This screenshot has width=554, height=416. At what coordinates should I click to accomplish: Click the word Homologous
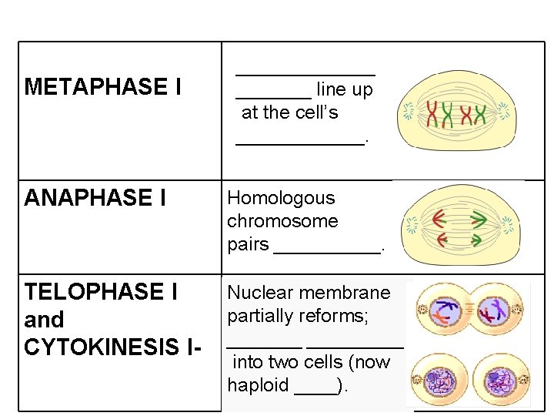pos(282,198)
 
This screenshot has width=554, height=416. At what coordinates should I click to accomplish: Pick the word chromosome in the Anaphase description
pos(282,221)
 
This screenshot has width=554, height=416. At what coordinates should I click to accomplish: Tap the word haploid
pos(258,385)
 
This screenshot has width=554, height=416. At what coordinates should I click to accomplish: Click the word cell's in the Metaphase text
pos(314,112)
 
